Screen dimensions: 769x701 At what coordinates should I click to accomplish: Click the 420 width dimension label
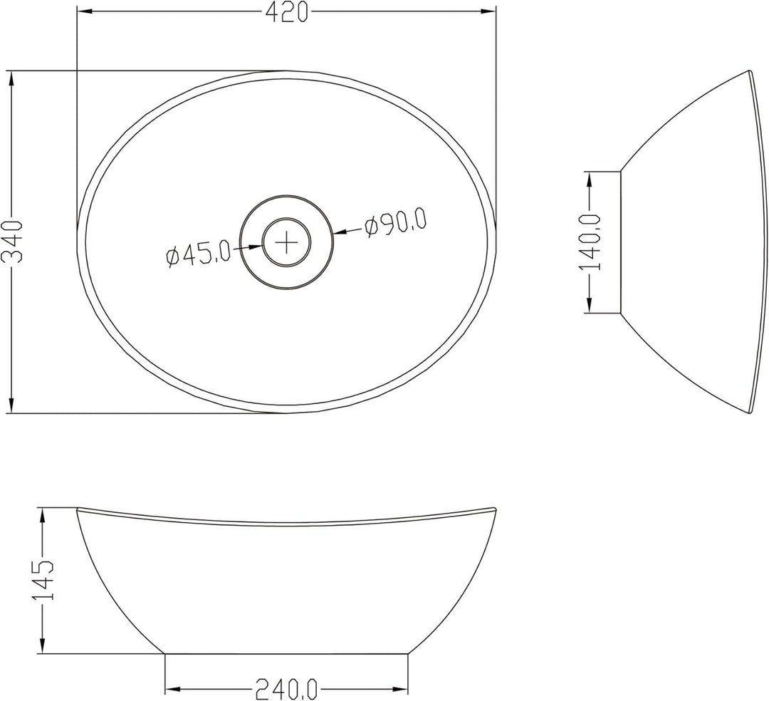(x=287, y=12)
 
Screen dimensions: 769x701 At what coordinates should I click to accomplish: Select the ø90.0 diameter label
(x=395, y=224)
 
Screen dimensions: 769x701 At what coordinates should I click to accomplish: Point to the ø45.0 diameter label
(x=198, y=254)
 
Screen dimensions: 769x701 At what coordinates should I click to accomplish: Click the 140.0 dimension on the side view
(x=590, y=242)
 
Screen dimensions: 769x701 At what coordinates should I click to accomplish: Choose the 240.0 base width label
(x=286, y=689)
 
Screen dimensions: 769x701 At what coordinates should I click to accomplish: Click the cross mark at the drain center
(x=286, y=242)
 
